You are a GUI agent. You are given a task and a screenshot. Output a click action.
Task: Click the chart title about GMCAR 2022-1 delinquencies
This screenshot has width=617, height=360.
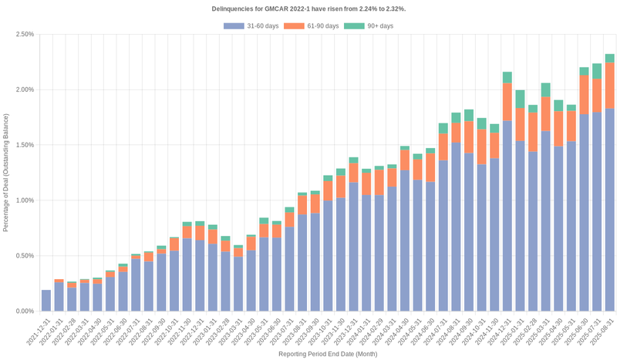308,8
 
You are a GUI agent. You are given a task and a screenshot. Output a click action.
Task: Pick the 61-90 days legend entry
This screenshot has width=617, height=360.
312,26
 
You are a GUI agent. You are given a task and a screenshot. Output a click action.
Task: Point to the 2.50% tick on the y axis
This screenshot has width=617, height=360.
24,35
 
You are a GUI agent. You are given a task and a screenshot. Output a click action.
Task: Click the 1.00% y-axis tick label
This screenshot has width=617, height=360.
24,200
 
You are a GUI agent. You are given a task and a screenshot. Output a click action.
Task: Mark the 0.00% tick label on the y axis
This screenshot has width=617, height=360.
24,311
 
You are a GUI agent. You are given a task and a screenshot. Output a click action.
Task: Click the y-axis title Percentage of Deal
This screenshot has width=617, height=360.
6,173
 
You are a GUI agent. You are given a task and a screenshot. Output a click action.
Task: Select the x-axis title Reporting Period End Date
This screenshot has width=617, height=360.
328,354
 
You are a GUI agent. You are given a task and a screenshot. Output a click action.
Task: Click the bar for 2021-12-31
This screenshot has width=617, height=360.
46,301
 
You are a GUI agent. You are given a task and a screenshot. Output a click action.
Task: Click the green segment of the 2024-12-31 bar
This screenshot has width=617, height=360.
507,77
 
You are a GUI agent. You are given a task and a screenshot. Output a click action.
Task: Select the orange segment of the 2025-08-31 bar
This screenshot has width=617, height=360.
609,86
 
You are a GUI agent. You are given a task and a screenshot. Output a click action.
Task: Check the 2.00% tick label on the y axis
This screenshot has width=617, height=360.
24,89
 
